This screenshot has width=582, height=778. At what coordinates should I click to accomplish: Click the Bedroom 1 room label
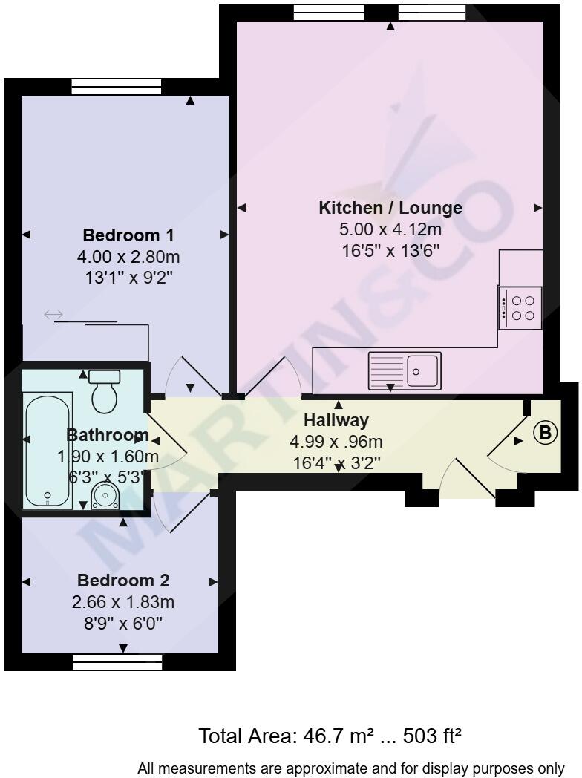(128, 236)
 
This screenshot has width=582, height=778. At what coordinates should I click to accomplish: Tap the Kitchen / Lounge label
(390, 208)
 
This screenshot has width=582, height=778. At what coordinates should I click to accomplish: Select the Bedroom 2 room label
(123, 581)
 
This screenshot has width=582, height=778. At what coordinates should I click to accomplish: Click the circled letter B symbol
(546, 433)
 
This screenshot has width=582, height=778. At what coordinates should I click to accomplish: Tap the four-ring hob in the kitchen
(520, 308)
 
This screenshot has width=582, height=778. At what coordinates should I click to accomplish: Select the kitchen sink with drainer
(405, 370)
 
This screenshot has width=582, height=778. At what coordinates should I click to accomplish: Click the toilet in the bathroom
(105, 391)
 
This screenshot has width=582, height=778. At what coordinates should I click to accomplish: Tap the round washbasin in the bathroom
(105, 495)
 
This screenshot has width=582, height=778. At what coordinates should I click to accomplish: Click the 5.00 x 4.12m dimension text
(390, 229)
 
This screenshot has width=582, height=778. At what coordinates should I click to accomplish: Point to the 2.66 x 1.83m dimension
(123, 602)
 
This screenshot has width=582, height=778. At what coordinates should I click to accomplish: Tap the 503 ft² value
(433, 736)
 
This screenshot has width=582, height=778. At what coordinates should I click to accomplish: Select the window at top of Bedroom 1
(117, 87)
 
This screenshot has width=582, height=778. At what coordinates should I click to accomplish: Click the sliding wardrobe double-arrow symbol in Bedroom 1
(53, 315)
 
